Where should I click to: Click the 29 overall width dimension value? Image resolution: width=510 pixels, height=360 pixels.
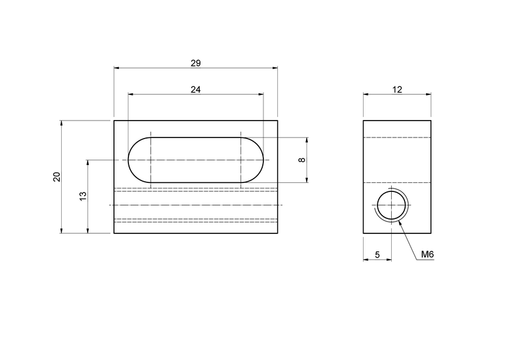(195, 62)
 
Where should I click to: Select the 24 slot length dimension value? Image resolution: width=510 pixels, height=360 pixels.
(195, 89)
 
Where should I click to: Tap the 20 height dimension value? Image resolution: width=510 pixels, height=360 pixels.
(56, 176)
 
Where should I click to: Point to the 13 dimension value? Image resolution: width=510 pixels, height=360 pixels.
(83, 196)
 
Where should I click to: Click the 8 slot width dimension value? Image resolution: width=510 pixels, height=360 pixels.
(302, 160)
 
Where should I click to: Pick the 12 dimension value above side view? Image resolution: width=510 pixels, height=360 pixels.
(397, 89)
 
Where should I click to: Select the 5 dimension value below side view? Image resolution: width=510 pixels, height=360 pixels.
(377, 254)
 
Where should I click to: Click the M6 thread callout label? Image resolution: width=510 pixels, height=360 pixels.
(427, 254)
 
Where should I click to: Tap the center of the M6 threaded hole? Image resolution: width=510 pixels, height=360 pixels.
(391, 205)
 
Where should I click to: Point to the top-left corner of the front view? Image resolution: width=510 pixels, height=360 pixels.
(114, 121)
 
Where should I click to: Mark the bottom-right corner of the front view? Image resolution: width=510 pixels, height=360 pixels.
(277, 233)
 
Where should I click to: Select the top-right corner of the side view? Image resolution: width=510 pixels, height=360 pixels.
(431, 121)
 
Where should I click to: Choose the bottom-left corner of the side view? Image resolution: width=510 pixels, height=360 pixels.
(364, 233)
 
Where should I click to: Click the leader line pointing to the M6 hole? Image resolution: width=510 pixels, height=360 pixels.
(408, 240)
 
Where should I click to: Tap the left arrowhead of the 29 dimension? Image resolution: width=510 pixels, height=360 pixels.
(116, 68)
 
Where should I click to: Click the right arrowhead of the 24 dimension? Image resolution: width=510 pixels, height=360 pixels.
(260, 94)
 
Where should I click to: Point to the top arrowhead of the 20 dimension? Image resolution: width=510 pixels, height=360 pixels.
(62, 123)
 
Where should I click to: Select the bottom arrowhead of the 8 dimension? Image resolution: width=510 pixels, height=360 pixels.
(307, 180)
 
